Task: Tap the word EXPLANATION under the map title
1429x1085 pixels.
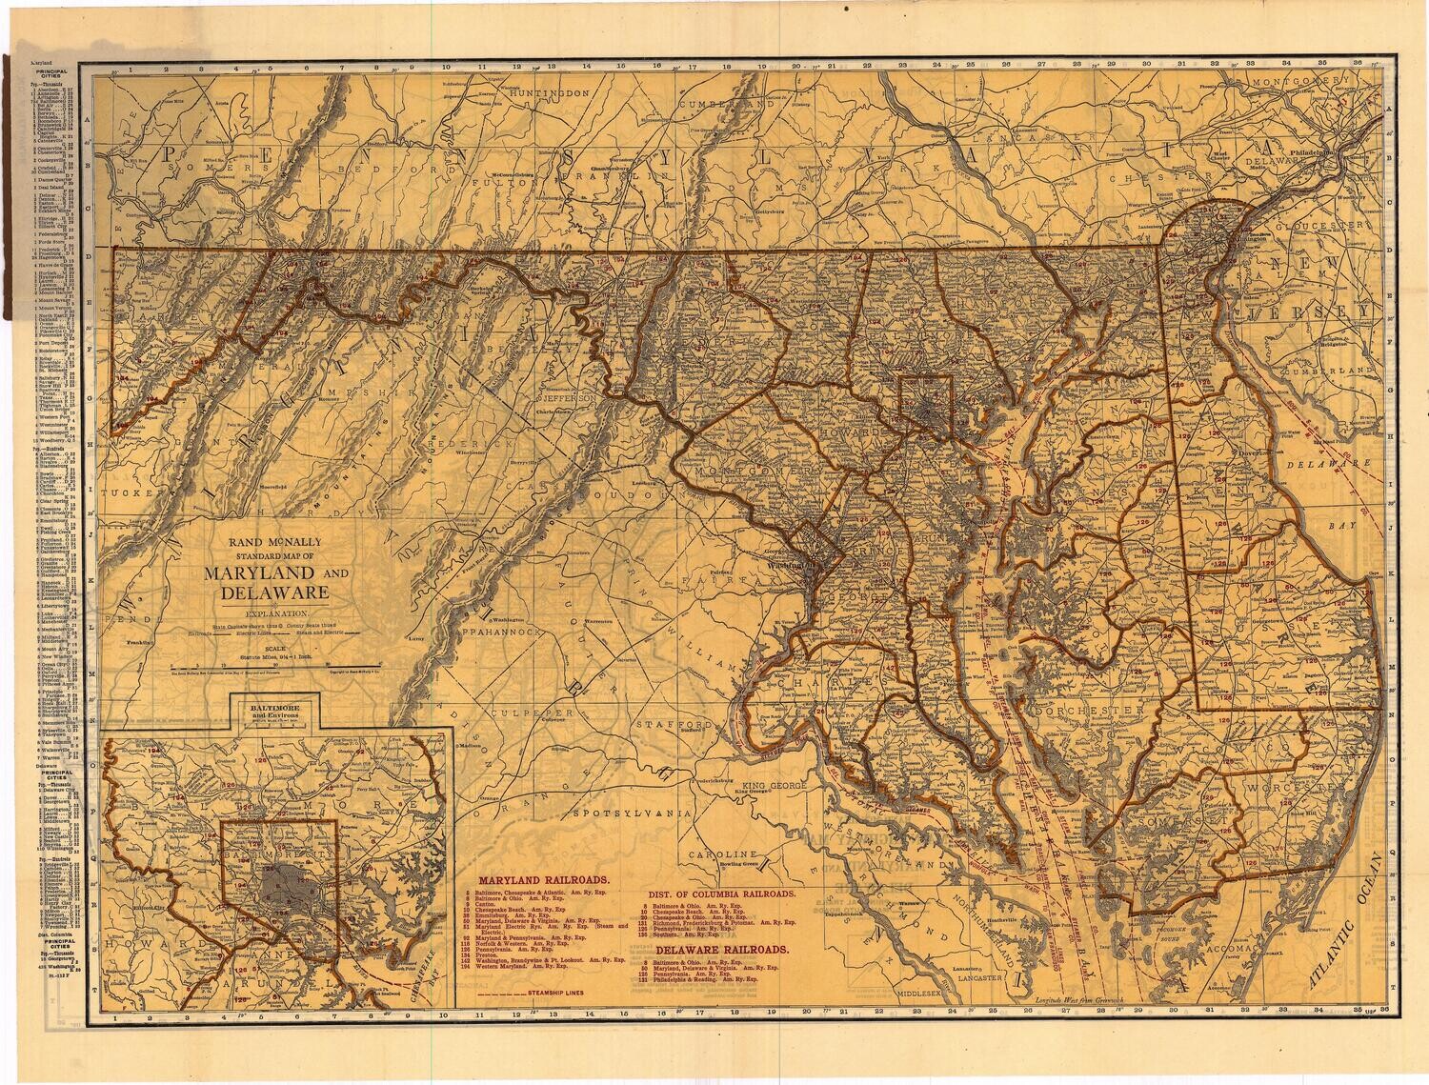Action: (276, 613)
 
